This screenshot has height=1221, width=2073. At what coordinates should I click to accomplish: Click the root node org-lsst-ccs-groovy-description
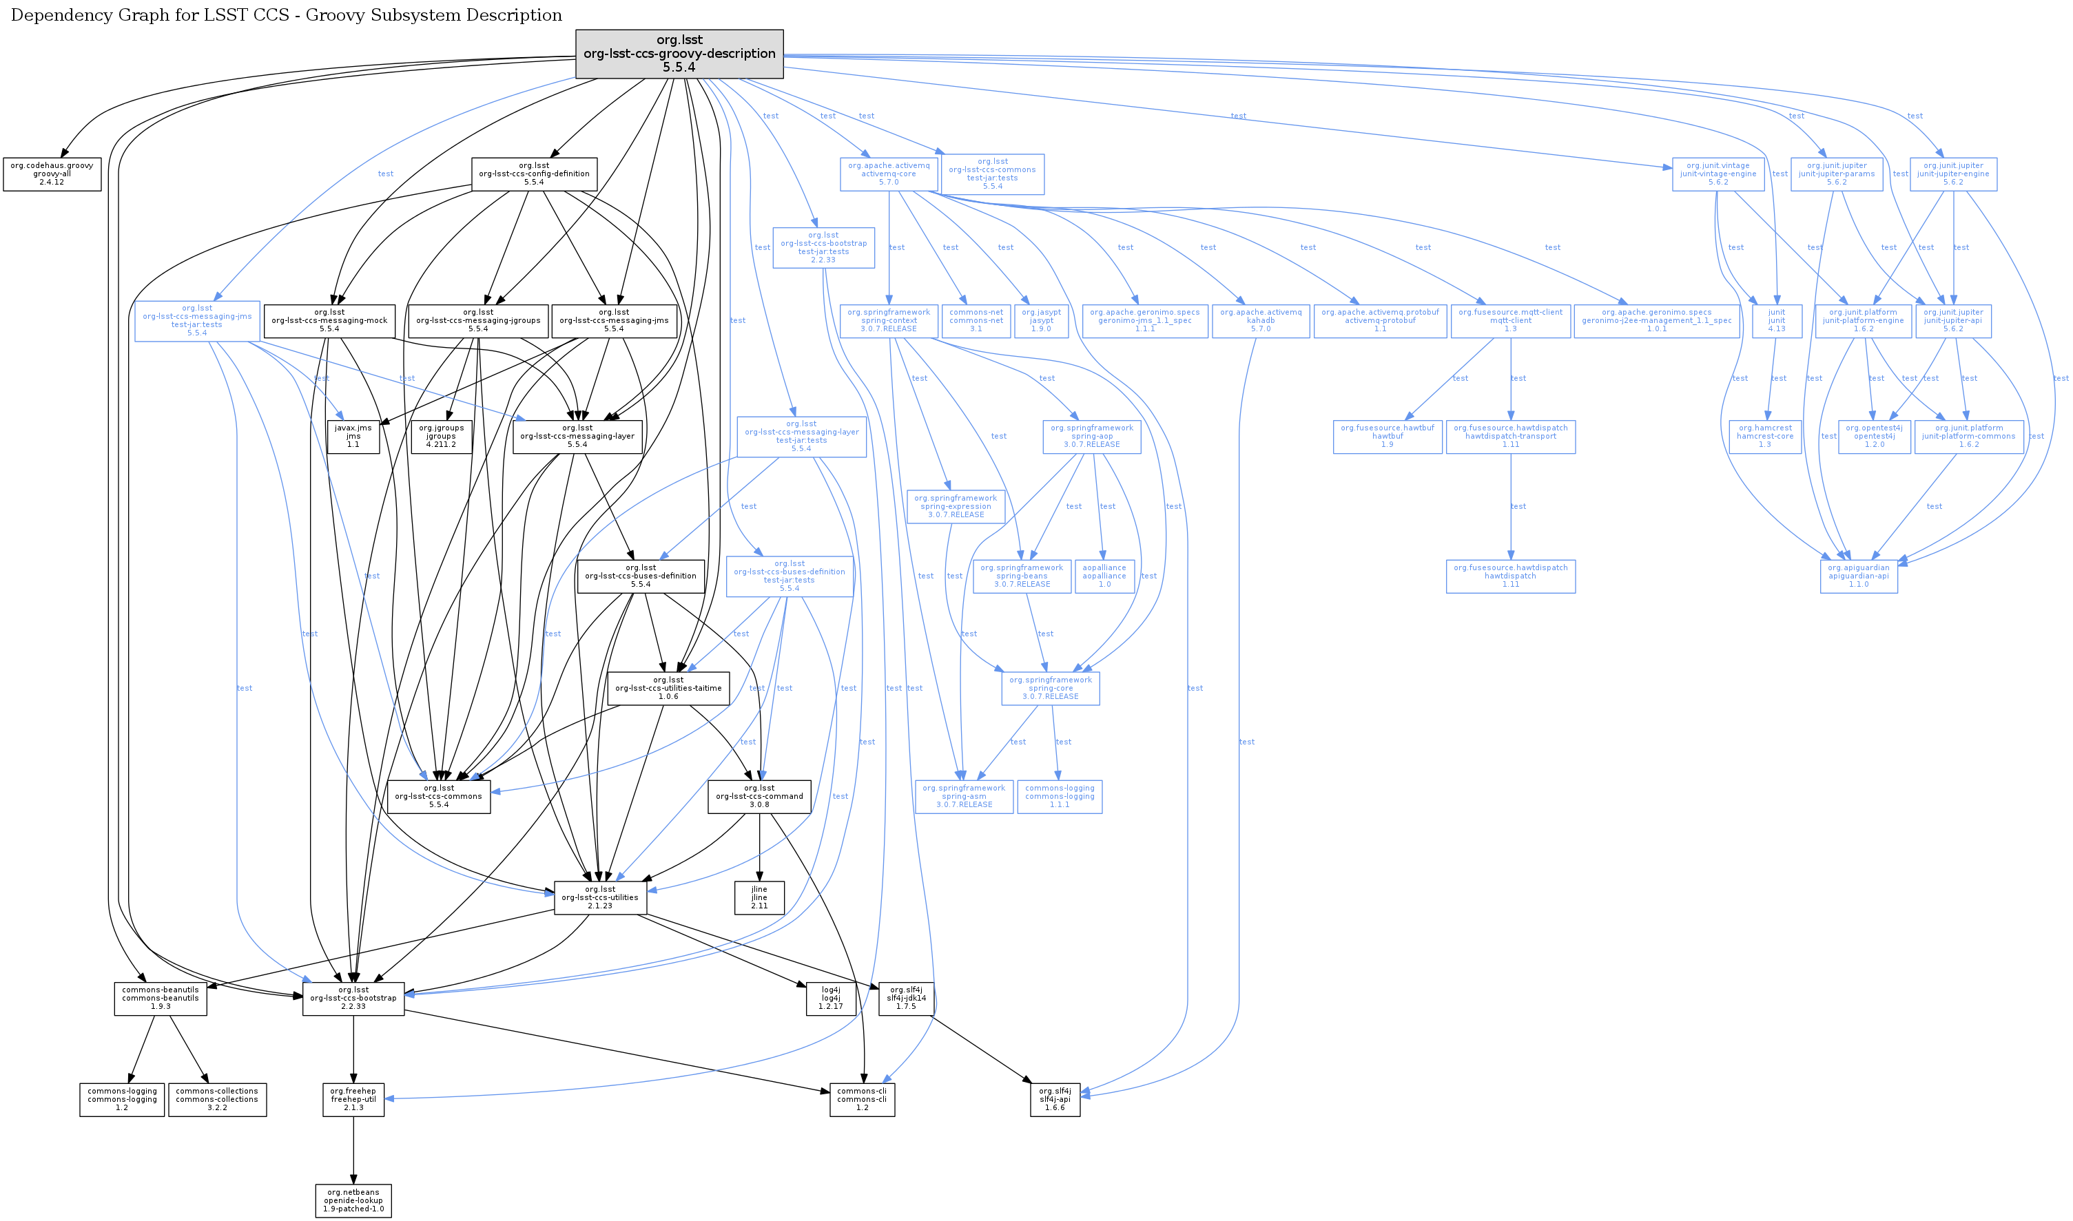679,54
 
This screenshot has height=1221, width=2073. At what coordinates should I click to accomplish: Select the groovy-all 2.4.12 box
52,174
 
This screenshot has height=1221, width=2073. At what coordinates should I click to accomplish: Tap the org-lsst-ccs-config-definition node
534,174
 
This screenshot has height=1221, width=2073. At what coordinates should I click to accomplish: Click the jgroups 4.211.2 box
441,436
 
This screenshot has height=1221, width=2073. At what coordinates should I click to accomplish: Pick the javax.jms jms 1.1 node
353,436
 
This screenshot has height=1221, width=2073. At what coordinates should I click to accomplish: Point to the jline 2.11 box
759,897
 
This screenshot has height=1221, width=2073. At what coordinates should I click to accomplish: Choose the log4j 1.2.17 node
830,998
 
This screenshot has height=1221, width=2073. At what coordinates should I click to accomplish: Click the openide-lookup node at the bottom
353,1200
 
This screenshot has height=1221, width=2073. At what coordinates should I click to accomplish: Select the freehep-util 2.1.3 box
353,1099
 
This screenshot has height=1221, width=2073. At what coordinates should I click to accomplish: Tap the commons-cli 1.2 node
862,1099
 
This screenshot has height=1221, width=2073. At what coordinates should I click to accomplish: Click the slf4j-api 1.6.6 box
1054,1099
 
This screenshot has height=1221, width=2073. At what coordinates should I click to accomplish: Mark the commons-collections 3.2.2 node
217,1099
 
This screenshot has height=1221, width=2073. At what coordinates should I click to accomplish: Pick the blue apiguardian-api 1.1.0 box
1858,576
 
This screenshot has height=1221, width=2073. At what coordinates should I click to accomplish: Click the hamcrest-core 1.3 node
1764,436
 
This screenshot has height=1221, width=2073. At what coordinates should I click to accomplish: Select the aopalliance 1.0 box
1104,576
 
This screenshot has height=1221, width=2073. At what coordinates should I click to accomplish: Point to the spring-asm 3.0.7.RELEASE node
964,797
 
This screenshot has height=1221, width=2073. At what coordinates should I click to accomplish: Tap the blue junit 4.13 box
1777,320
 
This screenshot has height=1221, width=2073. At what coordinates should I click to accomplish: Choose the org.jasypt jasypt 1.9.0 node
1041,320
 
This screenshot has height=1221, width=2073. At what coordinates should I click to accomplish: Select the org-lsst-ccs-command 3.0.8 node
759,797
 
